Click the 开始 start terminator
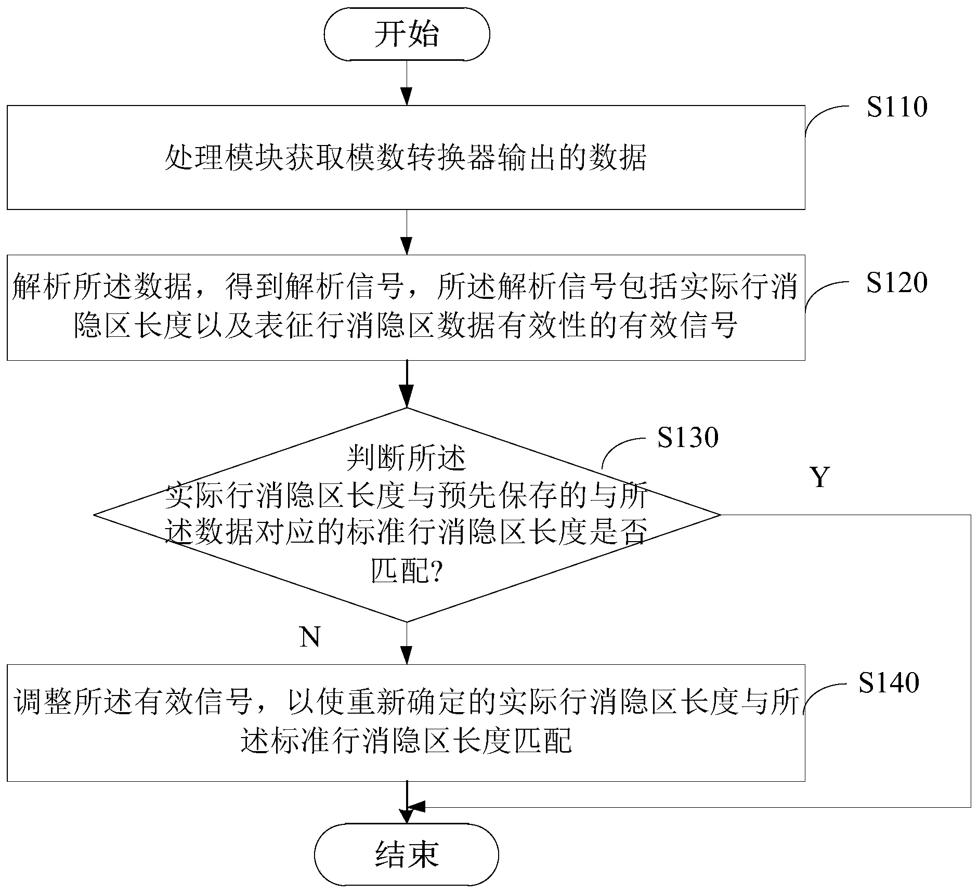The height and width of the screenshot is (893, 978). [x=407, y=34]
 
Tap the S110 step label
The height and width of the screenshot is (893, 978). [x=897, y=107]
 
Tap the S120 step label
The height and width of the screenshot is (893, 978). [x=897, y=283]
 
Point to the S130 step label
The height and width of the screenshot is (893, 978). [x=687, y=438]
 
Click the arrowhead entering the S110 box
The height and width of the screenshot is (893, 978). [x=407, y=97]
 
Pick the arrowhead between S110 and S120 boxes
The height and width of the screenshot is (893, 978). [x=407, y=246]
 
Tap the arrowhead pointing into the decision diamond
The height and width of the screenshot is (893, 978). [x=407, y=398]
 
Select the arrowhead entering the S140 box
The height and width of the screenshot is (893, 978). [x=407, y=655]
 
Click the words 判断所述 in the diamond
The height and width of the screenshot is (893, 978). [x=406, y=458]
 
